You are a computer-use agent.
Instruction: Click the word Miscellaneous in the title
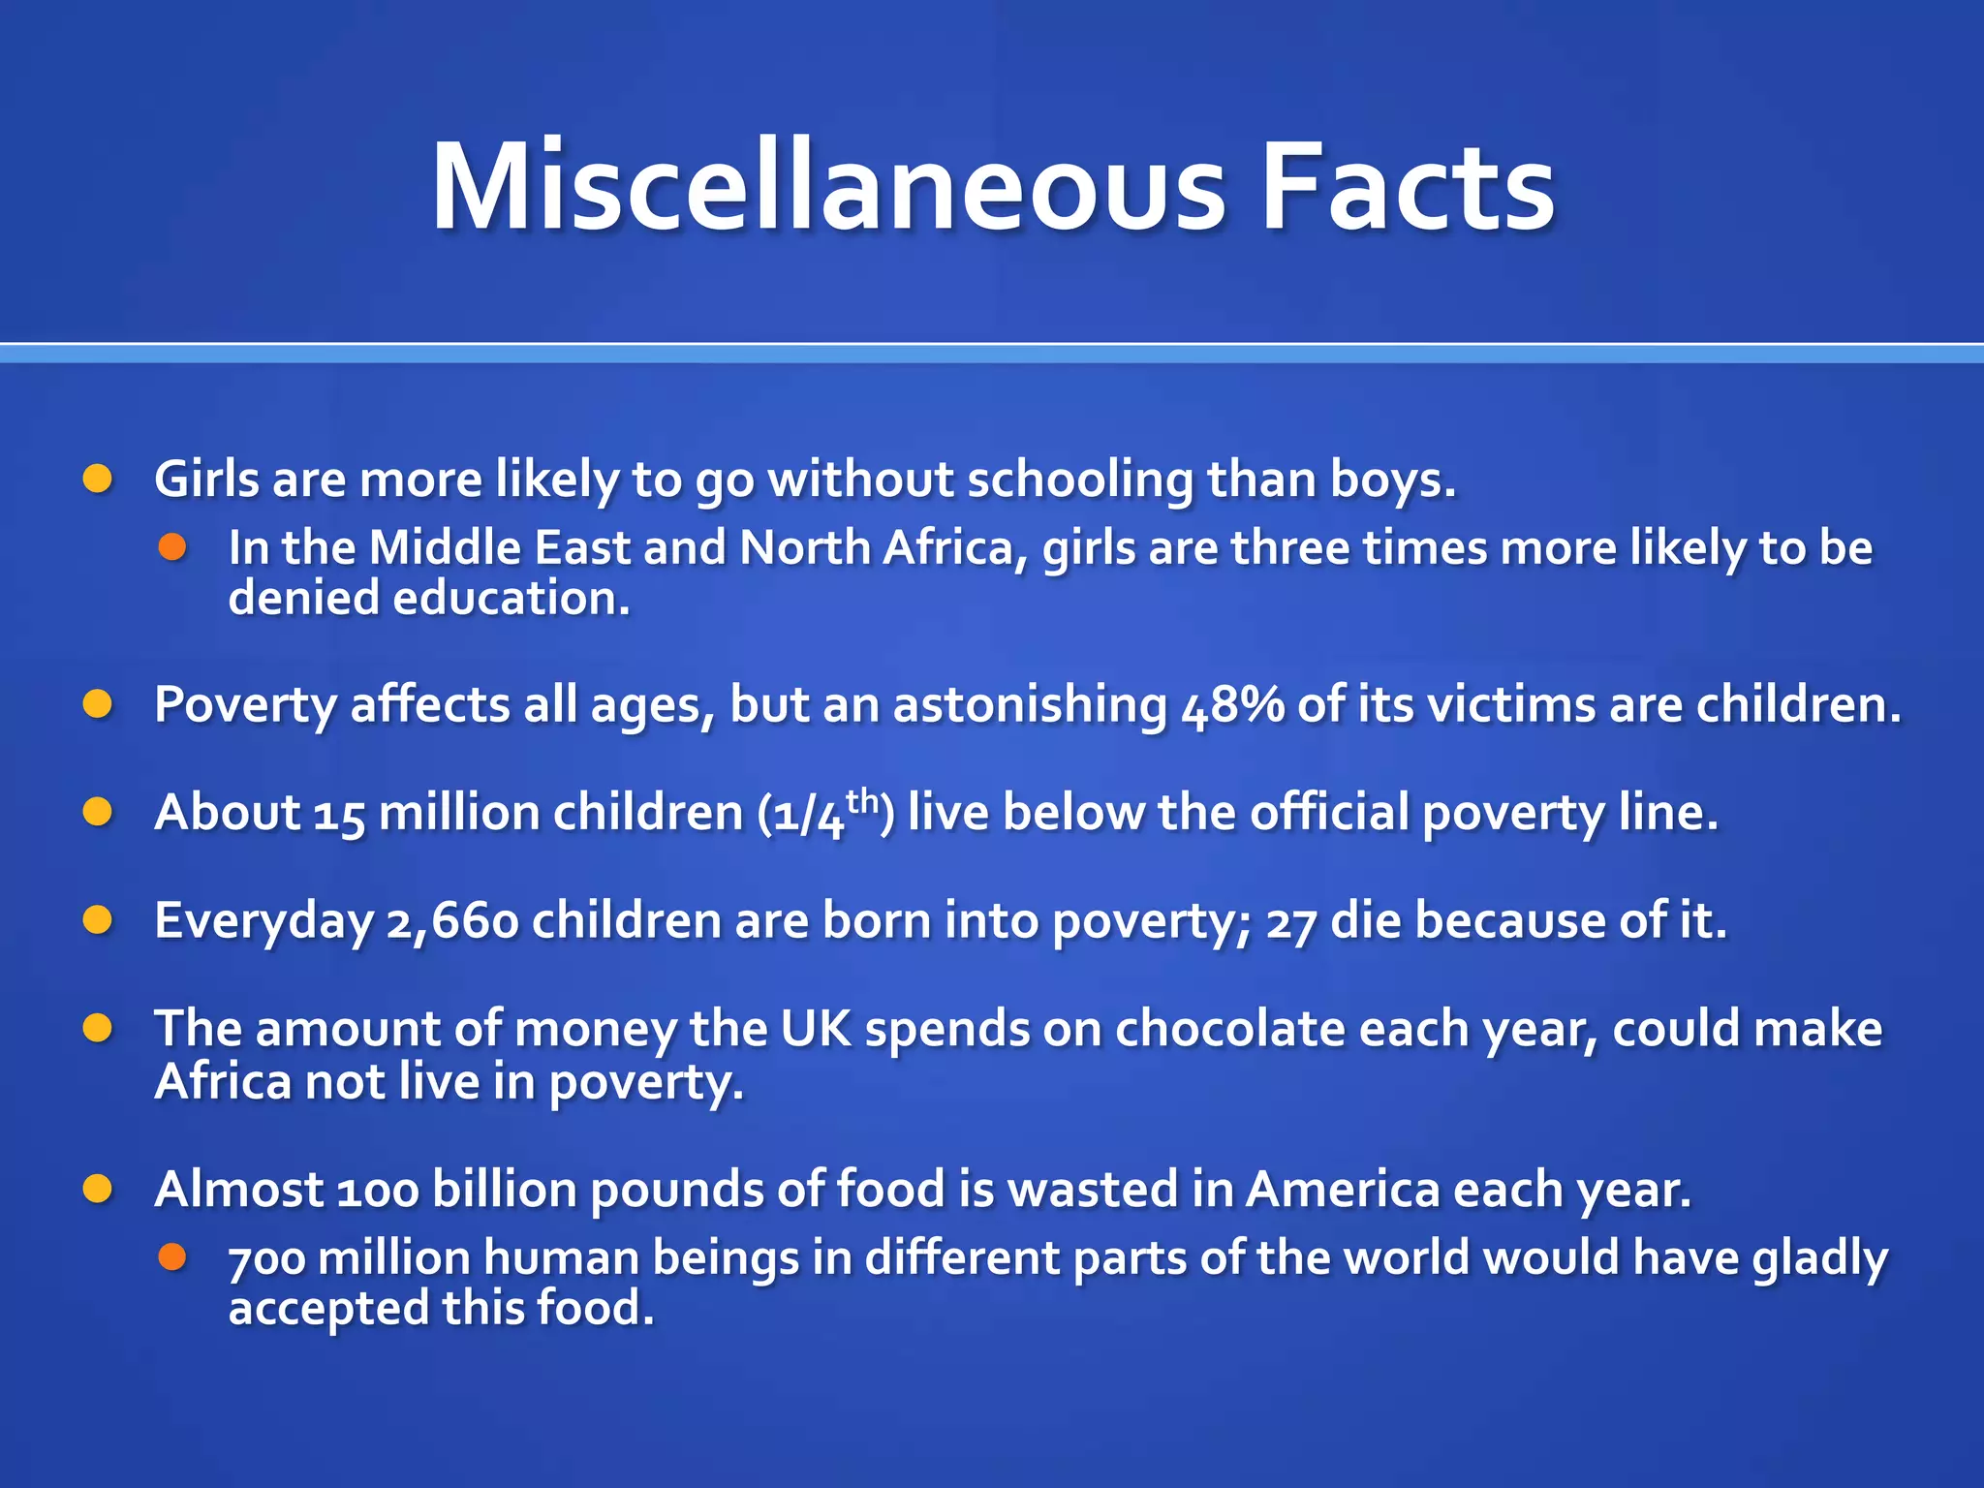click(829, 186)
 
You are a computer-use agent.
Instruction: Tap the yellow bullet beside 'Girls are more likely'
click(97, 479)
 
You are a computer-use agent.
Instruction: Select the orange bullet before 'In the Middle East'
click(172, 547)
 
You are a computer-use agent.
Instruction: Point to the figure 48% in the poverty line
click(1232, 705)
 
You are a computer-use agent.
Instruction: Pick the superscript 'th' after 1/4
click(861, 801)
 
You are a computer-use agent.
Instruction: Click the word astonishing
click(1030, 705)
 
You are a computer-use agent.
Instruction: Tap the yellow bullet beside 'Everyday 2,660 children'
click(97, 919)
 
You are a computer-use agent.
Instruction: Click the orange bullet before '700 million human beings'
click(172, 1257)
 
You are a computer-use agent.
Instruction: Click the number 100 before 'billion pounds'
click(378, 1191)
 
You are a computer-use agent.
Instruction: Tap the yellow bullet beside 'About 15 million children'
click(97, 812)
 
